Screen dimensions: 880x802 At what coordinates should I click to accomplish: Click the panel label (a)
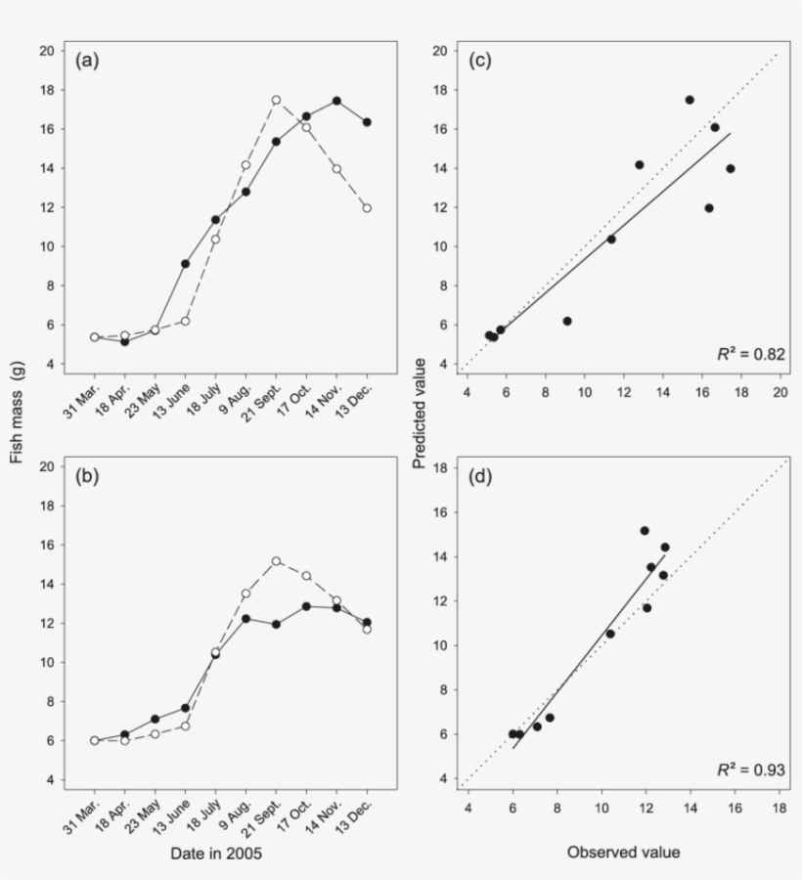88,61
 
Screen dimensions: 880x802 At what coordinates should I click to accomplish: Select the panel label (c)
480,61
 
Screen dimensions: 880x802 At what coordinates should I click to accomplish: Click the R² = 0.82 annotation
751,354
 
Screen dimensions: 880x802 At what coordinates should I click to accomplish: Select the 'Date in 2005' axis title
215,853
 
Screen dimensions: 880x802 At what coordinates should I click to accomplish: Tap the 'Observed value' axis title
623,853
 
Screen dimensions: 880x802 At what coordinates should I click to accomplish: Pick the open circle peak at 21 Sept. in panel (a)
276,100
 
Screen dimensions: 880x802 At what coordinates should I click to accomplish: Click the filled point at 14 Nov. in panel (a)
336,101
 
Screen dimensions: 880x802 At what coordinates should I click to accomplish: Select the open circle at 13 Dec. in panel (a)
367,208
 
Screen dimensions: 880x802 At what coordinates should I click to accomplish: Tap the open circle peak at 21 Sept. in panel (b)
276,561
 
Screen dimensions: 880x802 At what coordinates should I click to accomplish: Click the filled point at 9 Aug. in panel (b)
245,619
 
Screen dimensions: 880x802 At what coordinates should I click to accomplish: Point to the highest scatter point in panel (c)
690,100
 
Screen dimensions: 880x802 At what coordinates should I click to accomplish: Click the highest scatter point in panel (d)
645,531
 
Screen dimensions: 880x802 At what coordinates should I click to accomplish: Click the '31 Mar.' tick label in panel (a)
80,395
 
